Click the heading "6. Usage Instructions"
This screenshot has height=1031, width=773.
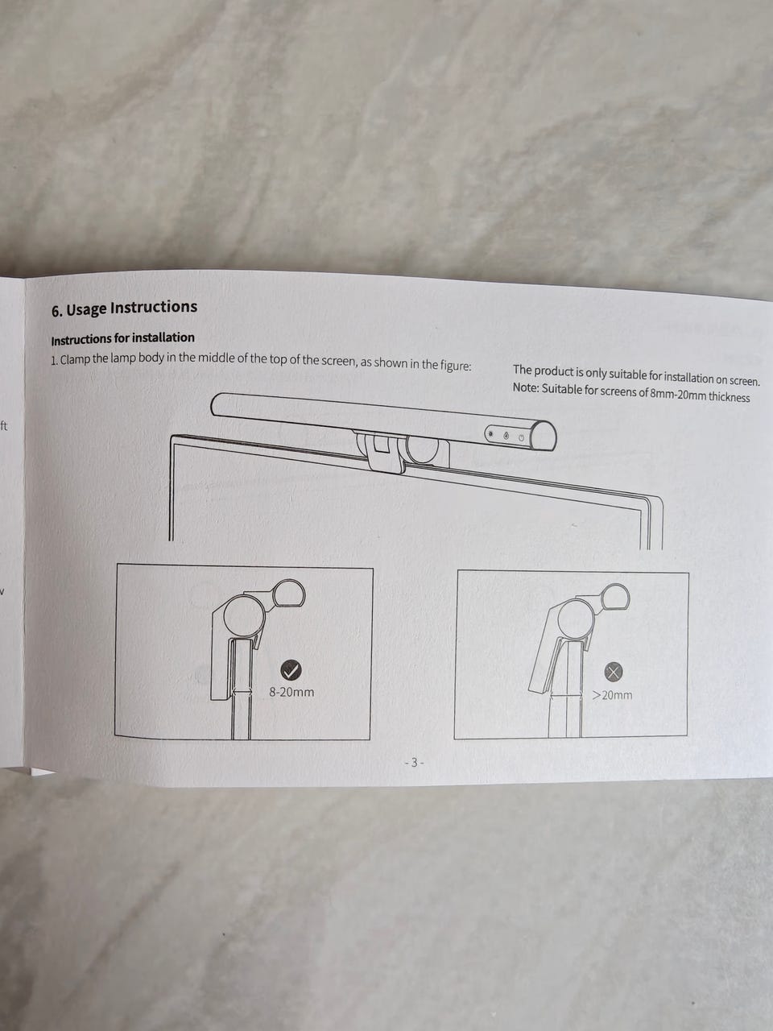coord(124,308)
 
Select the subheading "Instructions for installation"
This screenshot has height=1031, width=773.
coord(122,338)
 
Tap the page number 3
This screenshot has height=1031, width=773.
coord(414,762)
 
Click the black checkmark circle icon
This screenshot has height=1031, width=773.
coord(291,670)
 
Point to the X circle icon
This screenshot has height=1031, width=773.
coord(613,672)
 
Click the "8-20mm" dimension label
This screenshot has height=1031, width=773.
coord(291,693)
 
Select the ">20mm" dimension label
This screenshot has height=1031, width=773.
coord(612,694)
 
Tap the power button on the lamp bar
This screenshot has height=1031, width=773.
coord(521,438)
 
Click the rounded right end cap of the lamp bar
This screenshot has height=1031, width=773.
coord(544,437)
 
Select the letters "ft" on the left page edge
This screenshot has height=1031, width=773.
coord(4,426)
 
